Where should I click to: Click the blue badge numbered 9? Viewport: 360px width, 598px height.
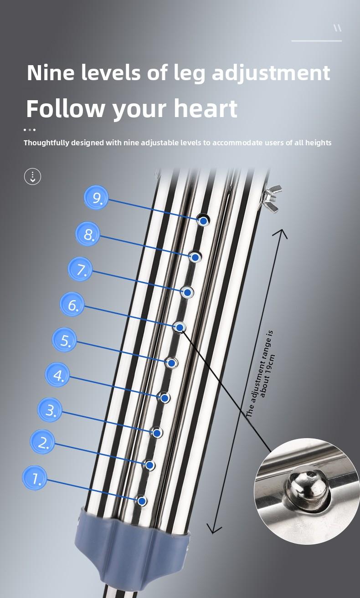point(96,198)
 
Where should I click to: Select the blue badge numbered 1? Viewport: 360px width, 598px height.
point(35,478)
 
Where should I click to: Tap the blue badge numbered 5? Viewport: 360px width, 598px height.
point(64,340)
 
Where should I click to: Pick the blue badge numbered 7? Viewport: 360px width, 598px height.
point(80,269)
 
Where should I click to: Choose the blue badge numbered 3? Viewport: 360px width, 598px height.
point(50,410)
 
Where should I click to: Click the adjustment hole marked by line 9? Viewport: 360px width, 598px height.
point(203,220)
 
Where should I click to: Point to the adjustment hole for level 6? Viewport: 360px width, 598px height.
point(180,327)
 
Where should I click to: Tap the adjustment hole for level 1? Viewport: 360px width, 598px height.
point(142,501)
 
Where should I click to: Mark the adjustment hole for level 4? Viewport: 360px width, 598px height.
point(165,398)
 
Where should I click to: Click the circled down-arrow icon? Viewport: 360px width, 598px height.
point(32,176)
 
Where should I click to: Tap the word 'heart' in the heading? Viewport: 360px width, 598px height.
point(205,108)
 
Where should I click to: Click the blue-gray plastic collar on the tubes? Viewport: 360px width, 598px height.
point(132,542)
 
